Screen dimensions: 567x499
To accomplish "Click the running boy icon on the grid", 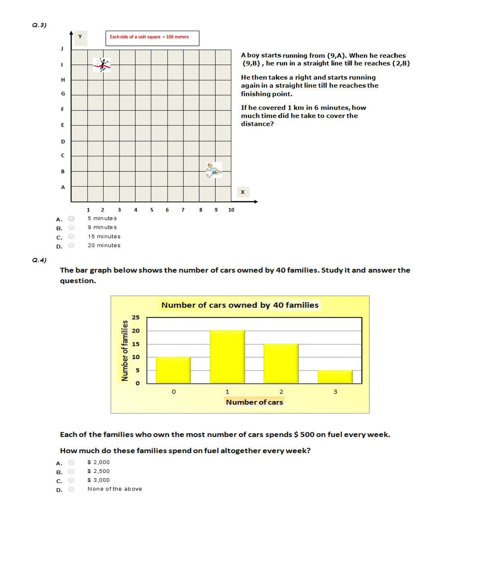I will (x=213, y=170).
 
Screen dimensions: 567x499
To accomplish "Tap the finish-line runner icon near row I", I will (x=102, y=64).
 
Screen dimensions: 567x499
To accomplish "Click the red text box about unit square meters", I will (x=151, y=38).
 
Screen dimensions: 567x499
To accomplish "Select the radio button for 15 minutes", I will (x=71, y=237).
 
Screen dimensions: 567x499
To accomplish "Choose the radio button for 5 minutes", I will (x=71, y=219).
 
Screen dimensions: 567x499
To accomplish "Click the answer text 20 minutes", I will (x=104, y=246).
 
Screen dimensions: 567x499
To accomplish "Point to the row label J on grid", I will (x=62, y=49).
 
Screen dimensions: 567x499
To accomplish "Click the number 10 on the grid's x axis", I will (x=231, y=210).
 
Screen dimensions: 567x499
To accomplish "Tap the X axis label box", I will (x=243, y=192).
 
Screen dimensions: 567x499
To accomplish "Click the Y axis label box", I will (x=80, y=37).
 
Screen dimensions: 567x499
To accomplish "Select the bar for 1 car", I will (x=228, y=357).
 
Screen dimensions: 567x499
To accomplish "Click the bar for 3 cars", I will (x=335, y=377).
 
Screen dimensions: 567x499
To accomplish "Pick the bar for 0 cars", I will (x=173, y=370).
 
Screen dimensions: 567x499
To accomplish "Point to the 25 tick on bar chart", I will (x=136, y=318).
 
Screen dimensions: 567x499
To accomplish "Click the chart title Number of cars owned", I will (x=240, y=305).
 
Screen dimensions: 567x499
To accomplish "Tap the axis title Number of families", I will (x=125, y=351).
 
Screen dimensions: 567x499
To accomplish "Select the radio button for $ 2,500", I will (x=71, y=472).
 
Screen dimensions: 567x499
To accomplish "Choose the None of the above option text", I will (x=114, y=489).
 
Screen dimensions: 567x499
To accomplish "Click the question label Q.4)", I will (x=39, y=260).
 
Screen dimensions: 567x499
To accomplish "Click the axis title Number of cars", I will (x=254, y=402).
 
